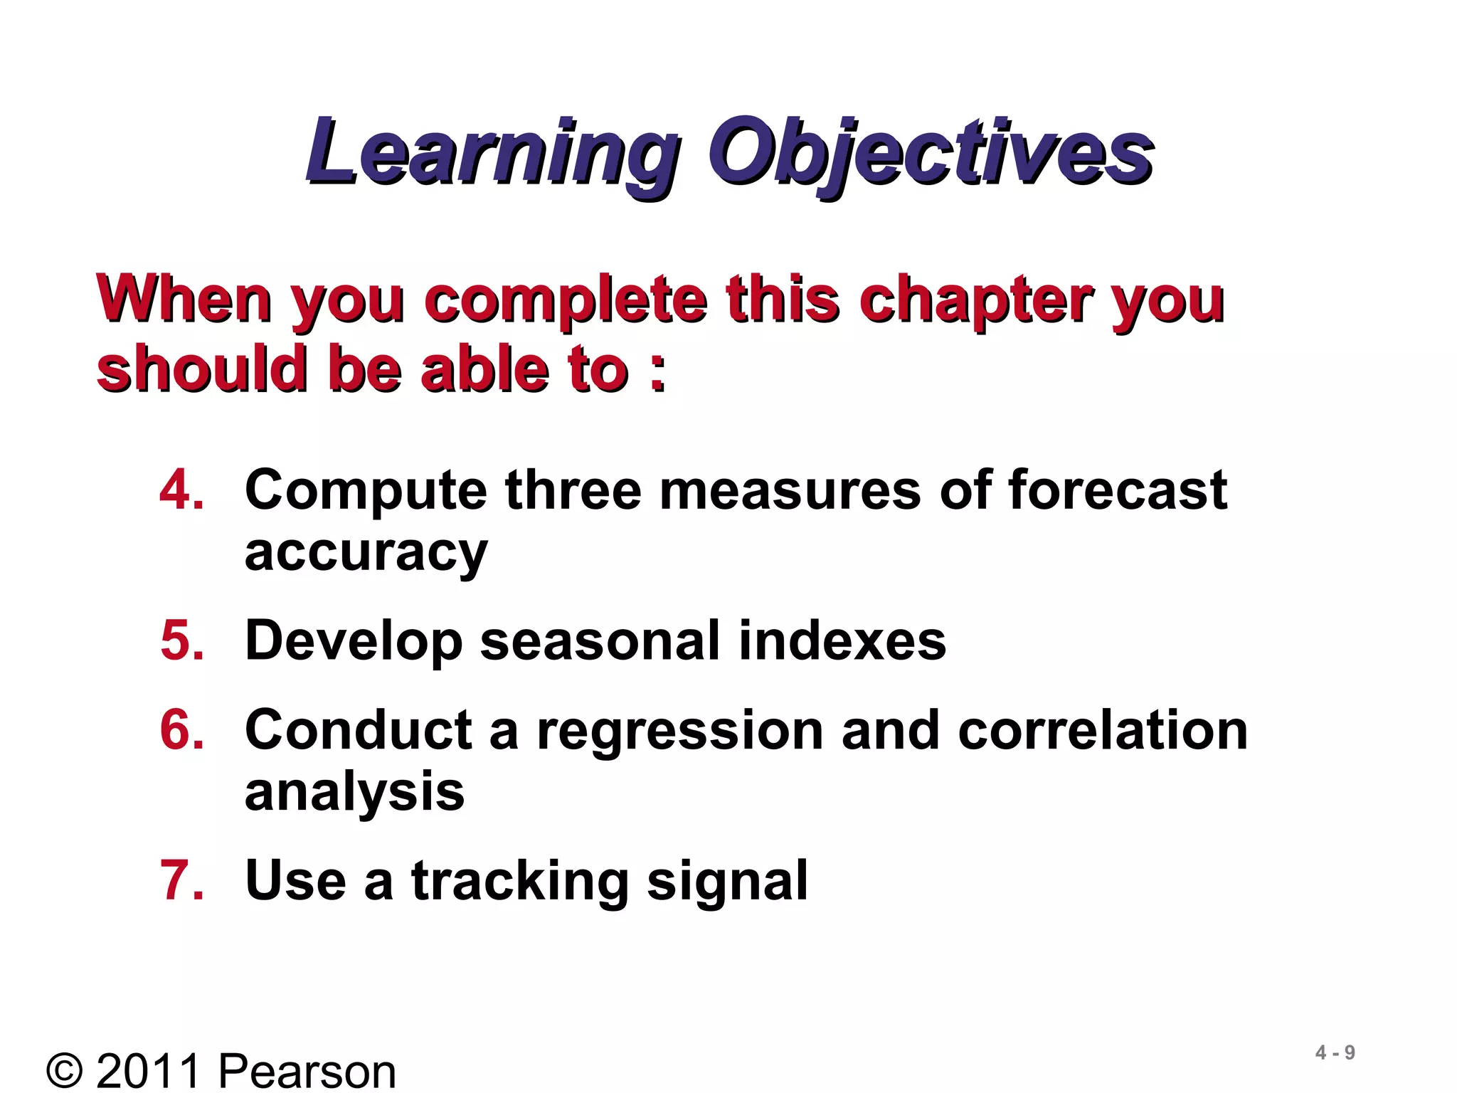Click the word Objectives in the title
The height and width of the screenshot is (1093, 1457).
pos(930,153)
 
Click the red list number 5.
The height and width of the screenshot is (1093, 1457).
pos(181,640)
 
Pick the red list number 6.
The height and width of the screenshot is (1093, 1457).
pos(181,730)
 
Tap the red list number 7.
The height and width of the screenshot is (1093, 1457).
pos(181,881)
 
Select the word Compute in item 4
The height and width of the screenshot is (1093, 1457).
pos(366,491)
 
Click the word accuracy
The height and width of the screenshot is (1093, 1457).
pos(366,554)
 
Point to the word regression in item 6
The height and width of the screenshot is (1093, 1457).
pos(679,732)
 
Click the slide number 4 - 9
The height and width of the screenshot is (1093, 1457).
pos(1335,1052)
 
